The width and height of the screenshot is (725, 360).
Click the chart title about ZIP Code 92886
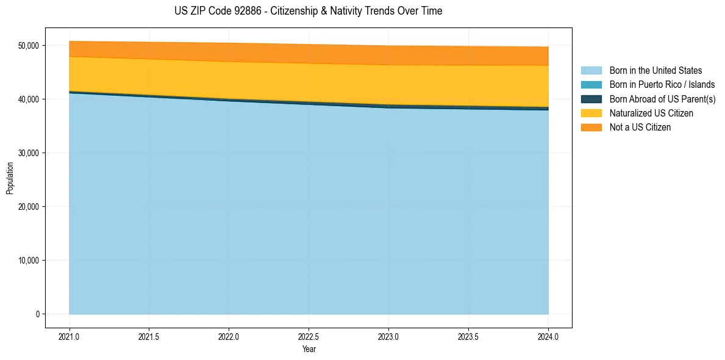pyautogui.click(x=308, y=11)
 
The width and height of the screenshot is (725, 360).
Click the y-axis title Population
pyautogui.click(x=10, y=178)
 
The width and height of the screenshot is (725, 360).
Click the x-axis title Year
pyautogui.click(x=309, y=349)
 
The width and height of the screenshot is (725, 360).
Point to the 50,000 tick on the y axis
pyautogui.click(x=29, y=46)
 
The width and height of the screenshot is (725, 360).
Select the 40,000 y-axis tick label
pyautogui.click(x=29, y=99)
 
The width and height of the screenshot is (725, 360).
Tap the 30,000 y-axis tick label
pyautogui.click(x=29, y=153)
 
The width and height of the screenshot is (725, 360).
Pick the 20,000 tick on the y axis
pyautogui.click(x=29, y=207)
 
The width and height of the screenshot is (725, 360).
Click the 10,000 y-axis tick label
pyautogui.click(x=29, y=261)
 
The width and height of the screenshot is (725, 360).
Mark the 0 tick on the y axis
pyautogui.click(x=37, y=314)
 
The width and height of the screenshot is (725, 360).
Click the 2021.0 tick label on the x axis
pyautogui.click(x=70, y=336)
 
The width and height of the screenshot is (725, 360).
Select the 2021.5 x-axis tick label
pyautogui.click(x=149, y=336)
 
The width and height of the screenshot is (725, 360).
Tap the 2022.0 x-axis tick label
pyautogui.click(x=229, y=336)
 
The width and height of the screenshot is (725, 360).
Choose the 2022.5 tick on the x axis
pyautogui.click(x=309, y=336)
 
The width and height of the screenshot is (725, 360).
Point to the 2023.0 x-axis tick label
pyautogui.click(x=388, y=336)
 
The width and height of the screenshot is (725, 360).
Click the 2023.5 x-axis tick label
pyautogui.click(x=468, y=336)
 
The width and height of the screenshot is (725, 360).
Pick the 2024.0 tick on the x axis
pyautogui.click(x=548, y=336)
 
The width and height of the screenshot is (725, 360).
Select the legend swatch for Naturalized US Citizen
pyautogui.click(x=591, y=113)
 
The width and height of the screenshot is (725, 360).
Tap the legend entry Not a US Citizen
pyautogui.click(x=640, y=128)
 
